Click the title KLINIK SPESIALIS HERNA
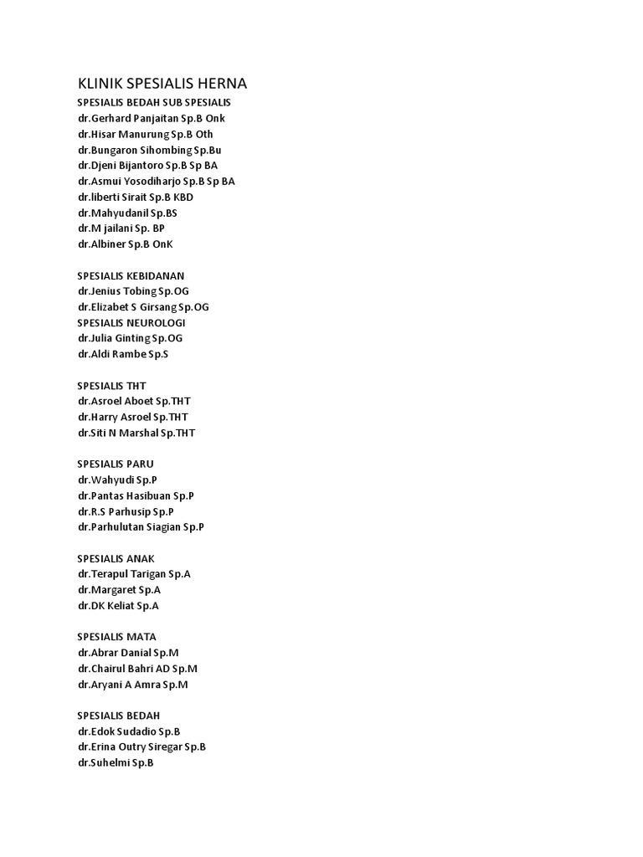click(x=162, y=84)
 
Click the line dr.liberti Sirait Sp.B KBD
click(x=147, y=197)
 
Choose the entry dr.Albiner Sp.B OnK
click(x=125, y=244)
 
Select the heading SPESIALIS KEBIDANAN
click(x=131, y=275)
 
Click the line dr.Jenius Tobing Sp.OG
click(x=133, y=291)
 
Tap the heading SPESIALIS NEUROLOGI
click(x=131, y=322)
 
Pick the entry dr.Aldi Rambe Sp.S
click(x=122, y=354)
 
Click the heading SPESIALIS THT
click(x=111, y=386)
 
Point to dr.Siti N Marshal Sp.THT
click(x=136, y=433)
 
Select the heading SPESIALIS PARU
click(x=116, y=464)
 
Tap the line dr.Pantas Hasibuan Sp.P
click(x=136, y=495)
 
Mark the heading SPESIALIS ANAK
click(x=116, y=558)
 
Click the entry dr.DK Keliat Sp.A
click(x=118, y=605)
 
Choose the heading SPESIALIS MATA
click(x=116, y=637)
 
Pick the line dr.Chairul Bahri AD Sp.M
click(x=137, y=669)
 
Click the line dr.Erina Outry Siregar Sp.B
click(x=141, y=747)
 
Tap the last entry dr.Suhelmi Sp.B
click(x=116, y=762)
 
